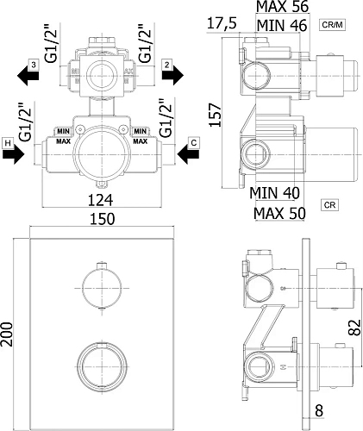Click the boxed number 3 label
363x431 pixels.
click(34, 65)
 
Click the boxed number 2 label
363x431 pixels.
click(167, 65)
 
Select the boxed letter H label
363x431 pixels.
click(8, 143)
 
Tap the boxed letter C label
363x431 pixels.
click(194, 143)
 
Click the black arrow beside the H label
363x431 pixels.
click(14, 154)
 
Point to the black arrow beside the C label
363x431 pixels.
click(188, 154)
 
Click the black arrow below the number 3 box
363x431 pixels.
click(28, 76)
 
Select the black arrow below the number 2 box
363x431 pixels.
click(172, 76)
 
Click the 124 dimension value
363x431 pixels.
click(100, 200)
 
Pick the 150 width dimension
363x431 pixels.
click(103, 219)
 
